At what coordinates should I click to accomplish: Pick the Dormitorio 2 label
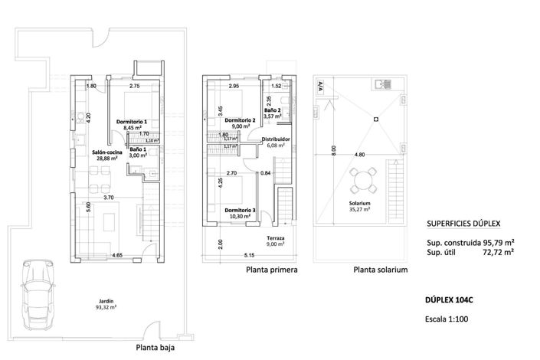click(240, 123)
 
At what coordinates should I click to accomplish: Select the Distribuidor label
click(273, 141)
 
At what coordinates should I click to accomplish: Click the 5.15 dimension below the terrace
click(249, 255)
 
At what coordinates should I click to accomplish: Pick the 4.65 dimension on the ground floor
click(116, 254)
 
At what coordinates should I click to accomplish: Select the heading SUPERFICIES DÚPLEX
click(463, 224)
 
